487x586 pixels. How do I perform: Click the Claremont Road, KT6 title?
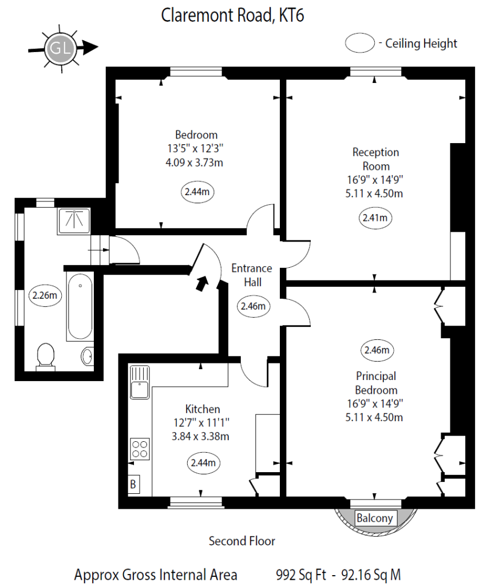point(232,15)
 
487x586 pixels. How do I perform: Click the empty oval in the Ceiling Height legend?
point(360,43)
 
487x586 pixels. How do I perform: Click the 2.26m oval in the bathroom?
point(45,296)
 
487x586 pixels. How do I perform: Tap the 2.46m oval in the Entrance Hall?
point(253,306)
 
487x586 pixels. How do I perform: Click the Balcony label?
point(375,518)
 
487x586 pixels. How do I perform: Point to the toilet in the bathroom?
point(45,357)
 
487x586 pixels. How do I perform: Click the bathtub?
point(80,307)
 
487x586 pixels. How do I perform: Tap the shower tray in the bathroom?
point(74,221)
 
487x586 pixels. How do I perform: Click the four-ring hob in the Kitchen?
point(140,448)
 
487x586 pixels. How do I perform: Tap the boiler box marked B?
point(133,484)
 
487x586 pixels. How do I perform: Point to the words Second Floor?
point(241,541)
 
